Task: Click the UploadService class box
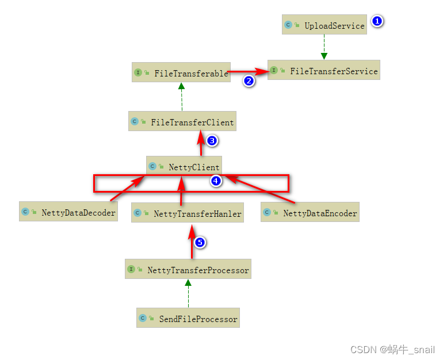click(x=324, y=25)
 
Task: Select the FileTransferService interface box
click(x=324, y=71)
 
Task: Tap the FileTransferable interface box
click(x=181, y=73)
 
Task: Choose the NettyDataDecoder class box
click(x=68, y=212)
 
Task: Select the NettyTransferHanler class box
click(x=188, y=213)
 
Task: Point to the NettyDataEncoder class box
click(x=310, y=213)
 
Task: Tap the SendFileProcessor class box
click(x=188, y=318)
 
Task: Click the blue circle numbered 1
click(x=377, y=22)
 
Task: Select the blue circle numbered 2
click(x=249, y=81)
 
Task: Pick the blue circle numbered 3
click(x=212, y=140)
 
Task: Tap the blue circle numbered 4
click(x=216, y=181)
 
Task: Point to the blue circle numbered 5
click(x=200, y=242)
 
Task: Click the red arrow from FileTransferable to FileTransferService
click(x=247, y=72)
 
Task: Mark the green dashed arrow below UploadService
click(x=324, y=46)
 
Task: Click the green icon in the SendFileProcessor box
click(x=143, y=318)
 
